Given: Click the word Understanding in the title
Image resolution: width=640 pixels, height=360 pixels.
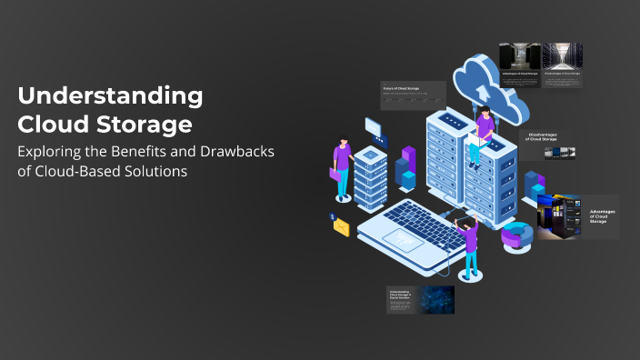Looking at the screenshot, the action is click(x=110, y=95).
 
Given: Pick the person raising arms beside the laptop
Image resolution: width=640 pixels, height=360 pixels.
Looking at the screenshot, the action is click(x=468, y=244).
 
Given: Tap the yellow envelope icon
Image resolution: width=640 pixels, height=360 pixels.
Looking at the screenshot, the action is click(x=341, y=227).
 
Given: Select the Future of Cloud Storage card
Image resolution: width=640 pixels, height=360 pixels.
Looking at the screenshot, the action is click(x=413, y=95).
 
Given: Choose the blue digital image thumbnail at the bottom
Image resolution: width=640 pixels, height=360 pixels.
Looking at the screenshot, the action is click(x=436, y=300).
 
